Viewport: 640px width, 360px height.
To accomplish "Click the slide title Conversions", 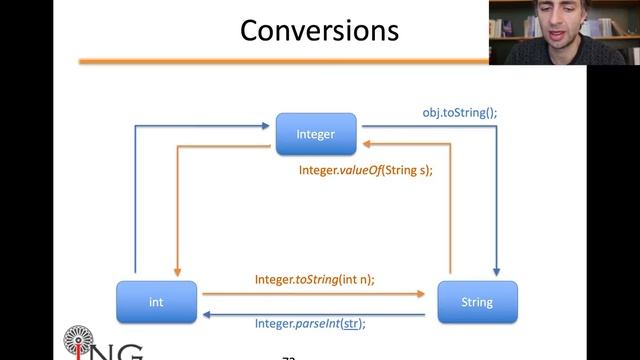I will pos(319,30).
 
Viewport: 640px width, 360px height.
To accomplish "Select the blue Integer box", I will pos(316,134).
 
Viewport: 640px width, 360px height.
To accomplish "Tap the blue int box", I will pos(156,302).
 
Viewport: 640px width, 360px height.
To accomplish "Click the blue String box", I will pos(478,302).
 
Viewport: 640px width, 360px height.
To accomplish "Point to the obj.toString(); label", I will pos(459,113).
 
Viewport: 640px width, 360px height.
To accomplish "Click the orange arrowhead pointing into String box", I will pos(429,294).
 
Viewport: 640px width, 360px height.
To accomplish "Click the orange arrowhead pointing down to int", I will pos(177,275).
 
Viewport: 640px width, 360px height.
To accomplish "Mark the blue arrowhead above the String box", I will pos(495,275).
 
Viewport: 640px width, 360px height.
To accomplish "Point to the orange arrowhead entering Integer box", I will pos(364,144).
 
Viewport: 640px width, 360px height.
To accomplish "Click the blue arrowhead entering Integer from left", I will pos(269,126).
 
